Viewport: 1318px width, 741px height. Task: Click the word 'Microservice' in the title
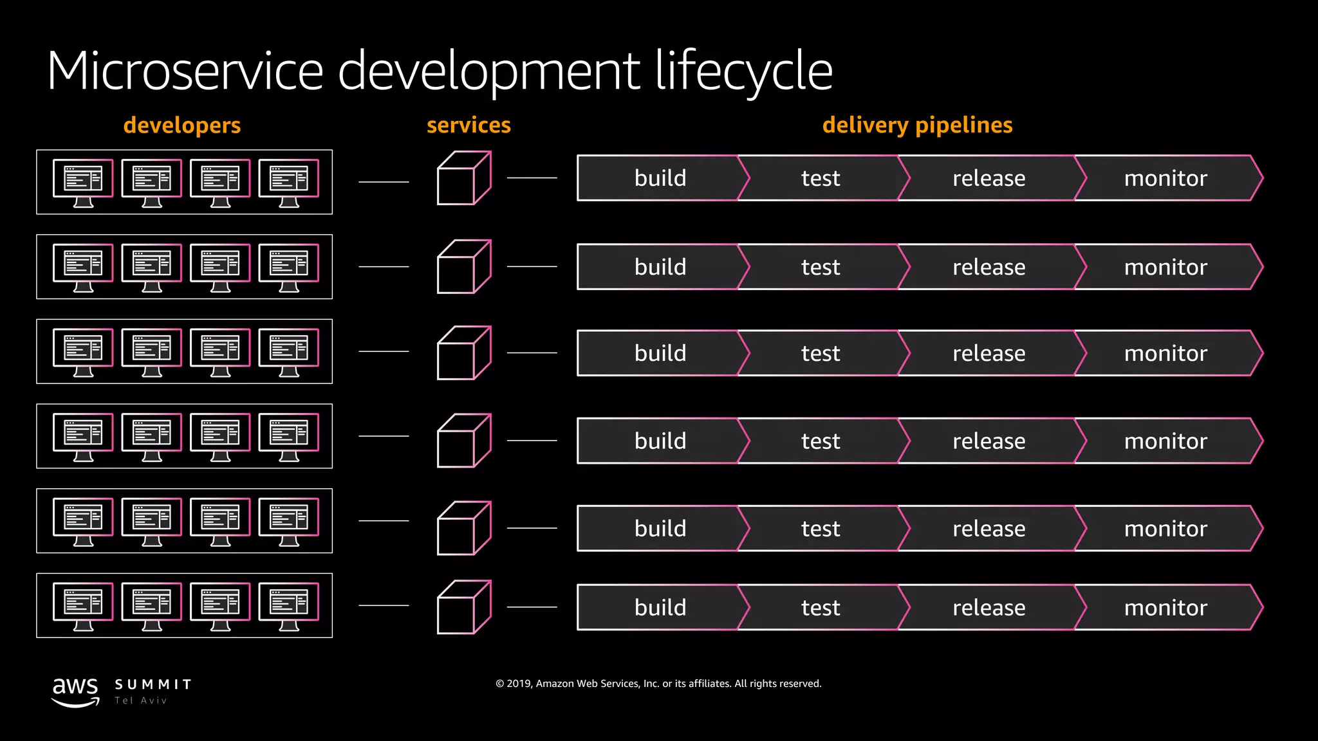click(x=185, y=71)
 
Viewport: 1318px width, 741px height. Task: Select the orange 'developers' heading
click(x=182, y=125)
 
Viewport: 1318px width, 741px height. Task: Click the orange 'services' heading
click(x=469, y=125)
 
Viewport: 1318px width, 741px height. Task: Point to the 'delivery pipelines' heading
click(x=917, y=125)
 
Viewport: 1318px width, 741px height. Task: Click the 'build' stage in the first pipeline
click(x=660, y=178)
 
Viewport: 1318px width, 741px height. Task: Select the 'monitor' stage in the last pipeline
click(x=1165, y=607)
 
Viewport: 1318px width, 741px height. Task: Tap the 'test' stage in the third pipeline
click(x=821, y=353)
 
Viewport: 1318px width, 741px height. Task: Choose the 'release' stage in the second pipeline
click(x=988, y=267)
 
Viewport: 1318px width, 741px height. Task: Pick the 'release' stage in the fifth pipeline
click(x=988, y=529)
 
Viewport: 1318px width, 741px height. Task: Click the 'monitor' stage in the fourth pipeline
click(x=1165, y=441)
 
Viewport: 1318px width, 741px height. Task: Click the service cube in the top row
click(x=464, y=178)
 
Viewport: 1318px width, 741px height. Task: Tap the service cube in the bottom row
click(x=464, y=607)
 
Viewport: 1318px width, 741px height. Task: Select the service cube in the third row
click(x=464, y=353)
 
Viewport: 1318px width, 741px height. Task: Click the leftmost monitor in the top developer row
click(x=83, y=182)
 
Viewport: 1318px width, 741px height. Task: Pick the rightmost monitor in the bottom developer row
click(x=289, y=606)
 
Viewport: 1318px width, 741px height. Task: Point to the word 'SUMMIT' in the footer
click(x=153, y=684)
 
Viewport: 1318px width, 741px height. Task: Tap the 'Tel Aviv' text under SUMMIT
click(x=141, y=700)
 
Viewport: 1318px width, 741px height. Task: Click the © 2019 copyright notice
click(x=658, y=684)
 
